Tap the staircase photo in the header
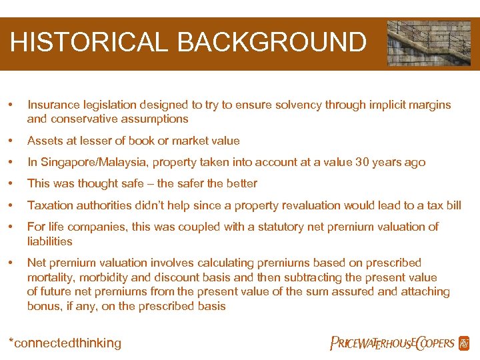coord(429,43)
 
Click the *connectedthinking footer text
coord(65,343)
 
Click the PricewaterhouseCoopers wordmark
coord(393,343)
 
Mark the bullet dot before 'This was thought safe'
coord(10,183)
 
